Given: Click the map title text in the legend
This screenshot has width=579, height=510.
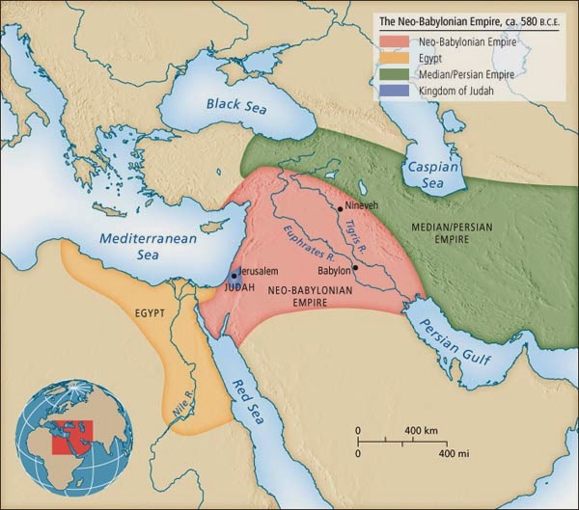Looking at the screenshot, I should (467, 21).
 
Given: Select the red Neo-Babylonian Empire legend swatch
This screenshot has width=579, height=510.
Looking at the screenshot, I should (396, 40).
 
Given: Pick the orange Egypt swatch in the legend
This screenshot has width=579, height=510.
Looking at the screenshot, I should (396, 57).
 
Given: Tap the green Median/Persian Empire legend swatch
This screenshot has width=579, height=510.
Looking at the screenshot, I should (396, 73).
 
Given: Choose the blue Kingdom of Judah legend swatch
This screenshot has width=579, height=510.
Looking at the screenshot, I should (396, 90).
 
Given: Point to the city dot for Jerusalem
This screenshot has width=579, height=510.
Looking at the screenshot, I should (234, 276).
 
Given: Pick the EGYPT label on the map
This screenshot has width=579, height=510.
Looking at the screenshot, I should (146, 314).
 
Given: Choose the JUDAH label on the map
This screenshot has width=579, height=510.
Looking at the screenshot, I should (239, 288).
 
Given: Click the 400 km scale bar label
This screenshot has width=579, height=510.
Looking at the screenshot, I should (421, 428).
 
